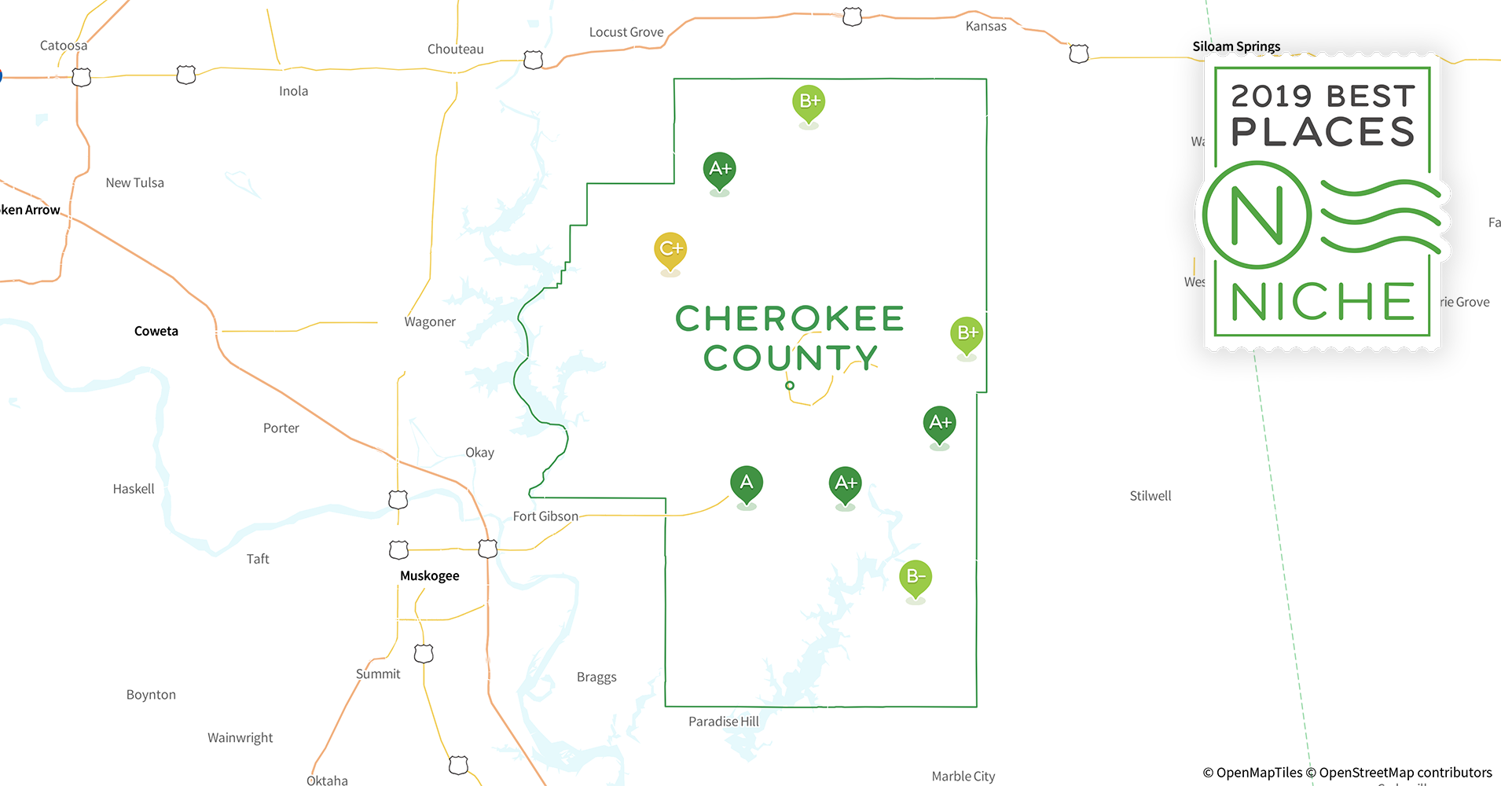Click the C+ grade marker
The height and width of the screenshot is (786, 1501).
pyautogui.click(x=670, y=249)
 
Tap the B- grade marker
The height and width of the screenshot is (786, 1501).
pyautogui.click(x=916, y=577)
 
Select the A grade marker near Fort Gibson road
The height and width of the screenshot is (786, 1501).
pyautogui.click(x=747, y=483)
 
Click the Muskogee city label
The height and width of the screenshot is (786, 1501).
pyautogui.click(x=429, y=576)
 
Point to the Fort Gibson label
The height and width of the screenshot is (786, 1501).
pyautogui.click(x=545, y=516)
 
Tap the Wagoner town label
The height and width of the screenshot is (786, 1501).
pyautogui.click(x=430, y=321)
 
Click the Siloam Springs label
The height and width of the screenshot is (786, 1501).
pyautogui.click(x=1236, y=46)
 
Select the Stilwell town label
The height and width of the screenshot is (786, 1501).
pyautogui.click(x=1150, y=496)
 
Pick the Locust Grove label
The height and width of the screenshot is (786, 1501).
pyautogui.click(x=626, y=32)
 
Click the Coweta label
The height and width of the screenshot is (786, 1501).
pyautogui.click(x=156, y=331)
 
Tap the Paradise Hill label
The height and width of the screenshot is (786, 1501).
pyautogui.click(x=724, y=722)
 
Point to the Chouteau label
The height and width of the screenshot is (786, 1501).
pyautogui.click(x=456, y=49)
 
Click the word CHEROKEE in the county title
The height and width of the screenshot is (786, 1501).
pyautogui.click(x=790, y=319)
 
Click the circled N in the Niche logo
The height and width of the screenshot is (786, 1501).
pyautogui.click(x=1257, y=215)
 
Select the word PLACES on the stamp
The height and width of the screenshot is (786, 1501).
pyautogui.click(x=1323, y=131)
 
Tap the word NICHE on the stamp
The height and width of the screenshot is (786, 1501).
pyautogui.click(x=1323, y=302)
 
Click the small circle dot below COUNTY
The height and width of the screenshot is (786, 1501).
pyautogui.click(x=790, y=385)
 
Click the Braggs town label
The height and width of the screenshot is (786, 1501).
pyautogui.click(x=596, y=678)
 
